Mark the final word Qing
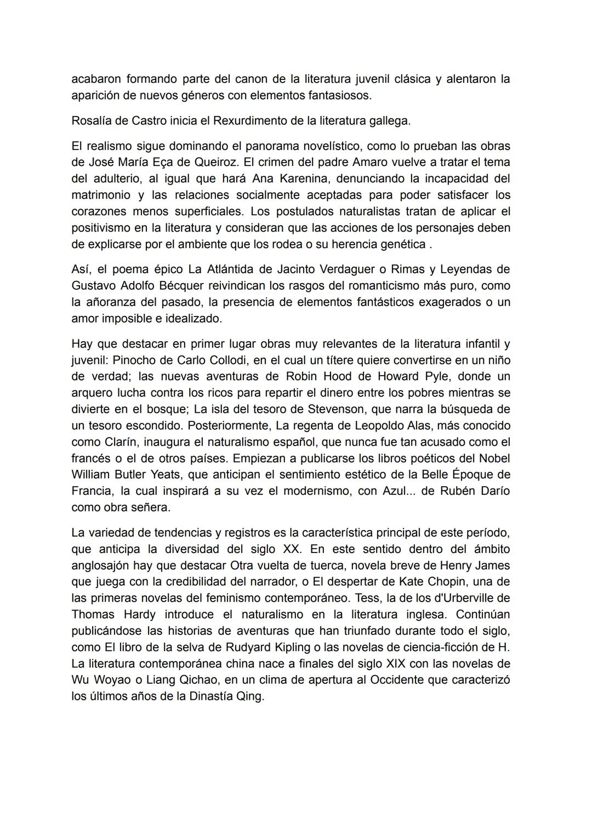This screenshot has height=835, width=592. point(250,696)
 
